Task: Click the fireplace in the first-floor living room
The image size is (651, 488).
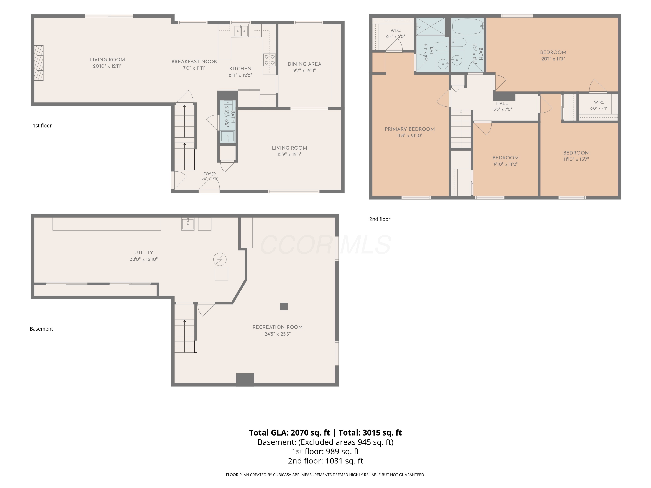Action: click(x=39, y=63)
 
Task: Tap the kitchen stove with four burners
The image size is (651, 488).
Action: click(x=269, y=60)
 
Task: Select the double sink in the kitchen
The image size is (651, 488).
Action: click(x=241, y=31)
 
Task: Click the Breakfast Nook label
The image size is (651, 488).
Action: click(x=194, y=61)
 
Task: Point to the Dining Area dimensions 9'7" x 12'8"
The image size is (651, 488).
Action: click(x=304, y=70)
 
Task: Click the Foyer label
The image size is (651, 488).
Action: click(x=210, y=174)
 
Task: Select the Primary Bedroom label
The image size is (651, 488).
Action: click(x=410, y=129)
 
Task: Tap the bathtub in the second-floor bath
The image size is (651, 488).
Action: click(x=468, y=26)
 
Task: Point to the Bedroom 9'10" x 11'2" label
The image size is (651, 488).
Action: click(x=506, y=161)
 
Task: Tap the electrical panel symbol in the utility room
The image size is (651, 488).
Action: click(x=220, y=259)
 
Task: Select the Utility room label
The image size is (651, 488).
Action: click(x=144, y=252)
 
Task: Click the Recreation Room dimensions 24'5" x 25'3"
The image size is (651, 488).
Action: click(x=278, y=334)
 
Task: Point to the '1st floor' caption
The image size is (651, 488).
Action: click(x=42, y=126)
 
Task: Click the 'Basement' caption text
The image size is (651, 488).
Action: click(x=41, y=329)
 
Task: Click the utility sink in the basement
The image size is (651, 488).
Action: click(x=188, y=224)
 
